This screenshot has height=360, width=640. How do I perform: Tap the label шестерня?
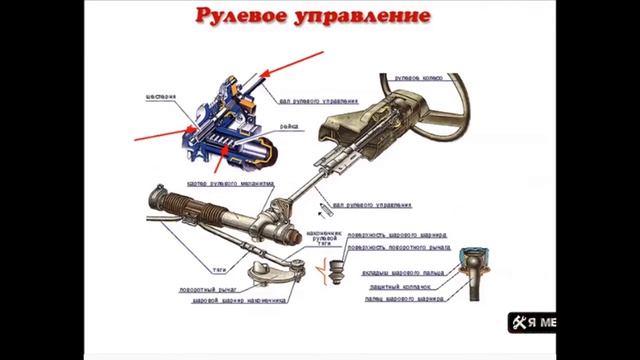[x=161, y=96]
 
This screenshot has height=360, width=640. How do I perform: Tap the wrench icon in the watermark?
[x=518, y=322]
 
